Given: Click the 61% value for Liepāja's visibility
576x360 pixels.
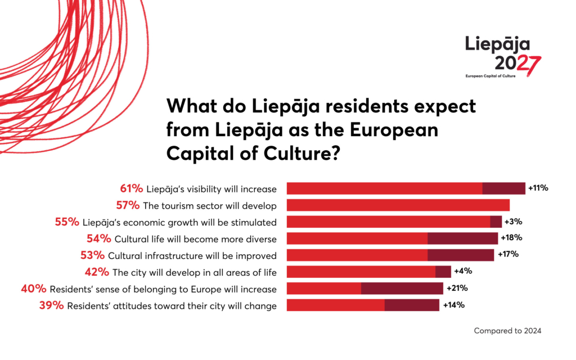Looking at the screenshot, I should (x=130, y=188).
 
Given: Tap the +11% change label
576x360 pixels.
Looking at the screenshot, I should (x=538, y=188).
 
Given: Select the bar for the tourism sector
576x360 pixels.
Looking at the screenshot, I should (x=398, y=205).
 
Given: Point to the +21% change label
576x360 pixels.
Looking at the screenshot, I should (x=457, y=289).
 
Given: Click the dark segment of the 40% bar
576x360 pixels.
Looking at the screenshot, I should (x=402, y=289).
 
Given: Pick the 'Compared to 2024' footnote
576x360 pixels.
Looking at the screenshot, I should (x=507, y=331).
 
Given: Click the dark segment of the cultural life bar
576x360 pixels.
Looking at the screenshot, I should (x=462, y=238).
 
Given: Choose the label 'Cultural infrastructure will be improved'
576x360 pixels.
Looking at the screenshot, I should (x=192, y=255).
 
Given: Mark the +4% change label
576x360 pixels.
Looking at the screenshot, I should (x=462, y=272).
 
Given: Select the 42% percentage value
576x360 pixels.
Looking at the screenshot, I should (x=97, y=272).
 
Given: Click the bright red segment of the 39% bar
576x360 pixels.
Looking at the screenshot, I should (x=335, y=305).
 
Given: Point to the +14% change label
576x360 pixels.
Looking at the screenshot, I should (x=453, y=305).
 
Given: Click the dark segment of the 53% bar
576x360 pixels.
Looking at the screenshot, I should (x=461, y=255).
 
